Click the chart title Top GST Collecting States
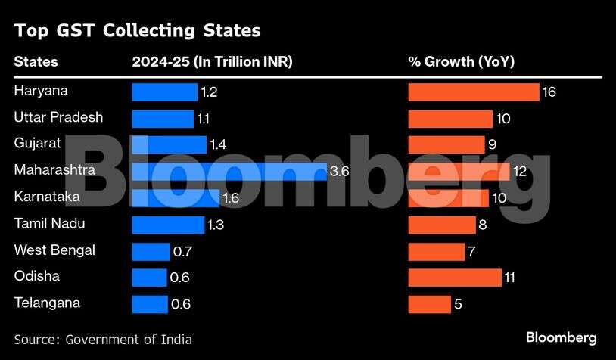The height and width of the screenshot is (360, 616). tap(137, 31)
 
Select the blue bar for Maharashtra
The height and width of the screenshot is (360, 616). tap(229, 172)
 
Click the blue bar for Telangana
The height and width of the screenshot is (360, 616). tap(150, 304)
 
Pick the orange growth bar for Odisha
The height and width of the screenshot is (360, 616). tap(455, 278)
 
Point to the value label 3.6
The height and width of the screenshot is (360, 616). tap(340, 172)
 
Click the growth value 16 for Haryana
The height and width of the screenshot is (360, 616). tap(550, 92)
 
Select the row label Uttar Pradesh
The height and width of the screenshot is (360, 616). tap(58, 117)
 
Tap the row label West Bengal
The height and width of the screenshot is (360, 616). tap(54, 250)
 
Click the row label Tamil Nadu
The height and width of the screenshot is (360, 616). tap(49, 224)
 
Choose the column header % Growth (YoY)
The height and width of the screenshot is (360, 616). tap(461, 62)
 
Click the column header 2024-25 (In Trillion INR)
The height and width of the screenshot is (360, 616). tap(212, 62)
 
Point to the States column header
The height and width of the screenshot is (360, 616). tap(36, 62)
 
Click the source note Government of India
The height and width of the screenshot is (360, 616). tap(103, 339)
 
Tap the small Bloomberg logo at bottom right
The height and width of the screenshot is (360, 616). tap(561, 338)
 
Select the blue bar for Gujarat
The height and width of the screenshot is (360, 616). tap(169, 144)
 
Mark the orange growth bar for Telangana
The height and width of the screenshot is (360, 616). tap(430, 304)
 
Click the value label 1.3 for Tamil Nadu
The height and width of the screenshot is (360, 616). tap(216, 225)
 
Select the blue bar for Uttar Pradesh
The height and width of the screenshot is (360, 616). tap(163, 119)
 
